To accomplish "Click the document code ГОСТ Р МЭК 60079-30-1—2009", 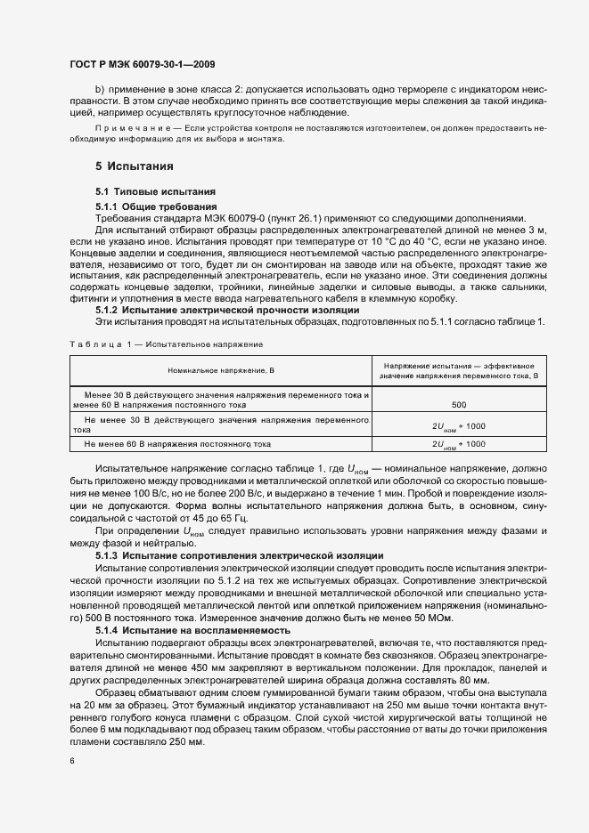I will [141, 64].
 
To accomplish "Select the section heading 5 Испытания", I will [134, 166].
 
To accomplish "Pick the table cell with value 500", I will [459, 404].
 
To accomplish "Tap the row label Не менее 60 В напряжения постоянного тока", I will [177, 442].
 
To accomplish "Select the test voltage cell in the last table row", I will [459, 442].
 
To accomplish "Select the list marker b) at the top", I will [100, 90].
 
